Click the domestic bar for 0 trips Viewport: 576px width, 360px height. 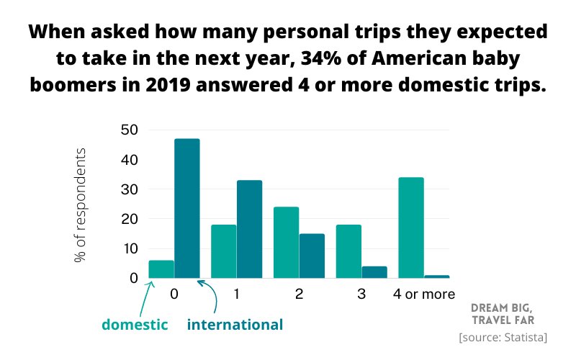tap(161, 269)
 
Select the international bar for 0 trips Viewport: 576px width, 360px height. tap(187, 209)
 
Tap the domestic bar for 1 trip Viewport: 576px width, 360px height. tap(223, 252)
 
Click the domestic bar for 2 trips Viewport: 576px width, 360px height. tap(286, 243)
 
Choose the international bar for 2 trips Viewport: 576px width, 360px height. tap(312, 256)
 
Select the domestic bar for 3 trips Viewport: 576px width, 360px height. tap(348, 252)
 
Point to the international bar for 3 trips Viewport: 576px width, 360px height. tap(374, 272)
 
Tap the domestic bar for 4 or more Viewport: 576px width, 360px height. tap(411, 228)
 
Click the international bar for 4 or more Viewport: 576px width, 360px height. tap(437, 276)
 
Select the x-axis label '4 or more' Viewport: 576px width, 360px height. tap(424, 294)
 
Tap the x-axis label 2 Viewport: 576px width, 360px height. tap(299, 294)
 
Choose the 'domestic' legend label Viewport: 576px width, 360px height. tap(135, 325)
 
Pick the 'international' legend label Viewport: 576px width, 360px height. tap(235, 325)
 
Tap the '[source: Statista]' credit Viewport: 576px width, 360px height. tap(503, 337)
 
